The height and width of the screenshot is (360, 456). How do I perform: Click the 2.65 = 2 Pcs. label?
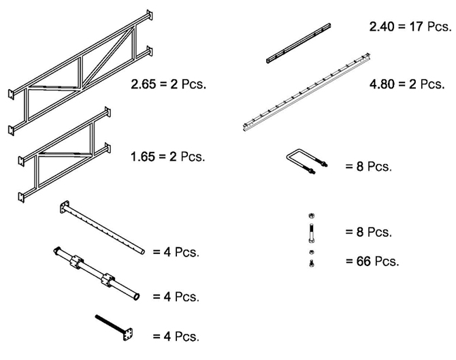(x=167, y=85)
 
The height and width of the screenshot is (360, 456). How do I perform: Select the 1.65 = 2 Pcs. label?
(x=167, y=157)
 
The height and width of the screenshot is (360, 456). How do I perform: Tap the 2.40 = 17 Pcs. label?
(x=410, y=27)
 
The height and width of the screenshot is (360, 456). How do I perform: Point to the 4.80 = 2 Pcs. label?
(x=406, y=84)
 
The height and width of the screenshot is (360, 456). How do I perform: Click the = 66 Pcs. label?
(x=372, y=261)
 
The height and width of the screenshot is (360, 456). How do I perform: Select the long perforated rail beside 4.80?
(x=307, y=91)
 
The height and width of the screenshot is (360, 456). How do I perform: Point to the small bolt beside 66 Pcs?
(x=310, y=261)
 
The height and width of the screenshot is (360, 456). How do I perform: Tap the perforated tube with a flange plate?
(x=102, y=227)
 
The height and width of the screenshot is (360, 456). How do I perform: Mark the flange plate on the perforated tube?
(x=65, y=207)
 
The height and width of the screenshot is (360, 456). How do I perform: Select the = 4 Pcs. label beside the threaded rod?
(x=176, y=336)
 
